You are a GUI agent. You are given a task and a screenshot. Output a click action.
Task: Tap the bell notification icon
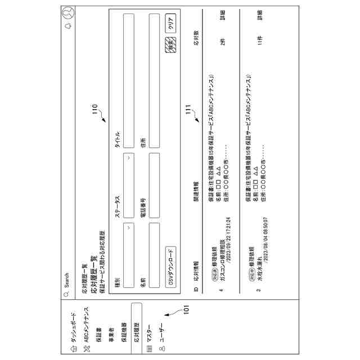tap(67, 26)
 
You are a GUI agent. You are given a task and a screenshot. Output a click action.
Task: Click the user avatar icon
tap(67, 12)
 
